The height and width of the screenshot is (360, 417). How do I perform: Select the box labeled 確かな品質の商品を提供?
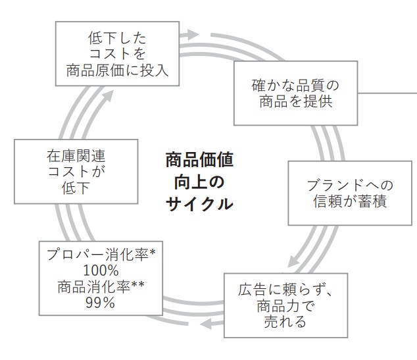pos(296,94)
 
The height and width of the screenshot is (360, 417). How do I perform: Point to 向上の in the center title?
pos(199,182)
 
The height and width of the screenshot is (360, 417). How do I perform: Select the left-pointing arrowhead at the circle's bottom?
pos(206,323)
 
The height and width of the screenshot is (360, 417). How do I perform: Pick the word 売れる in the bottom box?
pos(285,322)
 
